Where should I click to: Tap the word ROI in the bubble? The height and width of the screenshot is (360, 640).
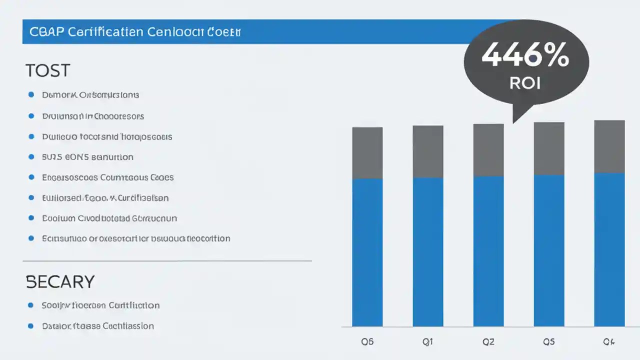[525, 82]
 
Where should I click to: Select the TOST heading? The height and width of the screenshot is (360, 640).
[47, 70]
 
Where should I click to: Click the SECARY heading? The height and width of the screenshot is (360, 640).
[59, 281]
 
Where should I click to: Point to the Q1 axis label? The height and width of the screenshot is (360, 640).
[427, 342]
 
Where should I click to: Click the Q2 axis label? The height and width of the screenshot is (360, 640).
[488, 342]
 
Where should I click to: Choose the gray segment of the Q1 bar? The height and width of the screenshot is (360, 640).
[427, 151]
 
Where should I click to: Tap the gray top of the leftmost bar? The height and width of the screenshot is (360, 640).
[367, 153]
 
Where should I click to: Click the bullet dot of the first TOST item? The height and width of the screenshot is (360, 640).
[31, 94]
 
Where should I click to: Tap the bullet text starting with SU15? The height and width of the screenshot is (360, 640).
[87, 157]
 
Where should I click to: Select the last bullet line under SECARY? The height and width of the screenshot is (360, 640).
[97, 326]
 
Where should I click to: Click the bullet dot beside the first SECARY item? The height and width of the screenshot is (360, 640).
[31, 305]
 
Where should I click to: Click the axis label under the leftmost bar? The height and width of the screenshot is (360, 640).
[367, 342]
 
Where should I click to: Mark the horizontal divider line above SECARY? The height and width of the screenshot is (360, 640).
[167, 261]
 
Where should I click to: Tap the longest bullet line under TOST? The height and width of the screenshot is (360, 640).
[136, 238]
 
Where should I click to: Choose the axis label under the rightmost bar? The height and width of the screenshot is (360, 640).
[608, 342]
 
